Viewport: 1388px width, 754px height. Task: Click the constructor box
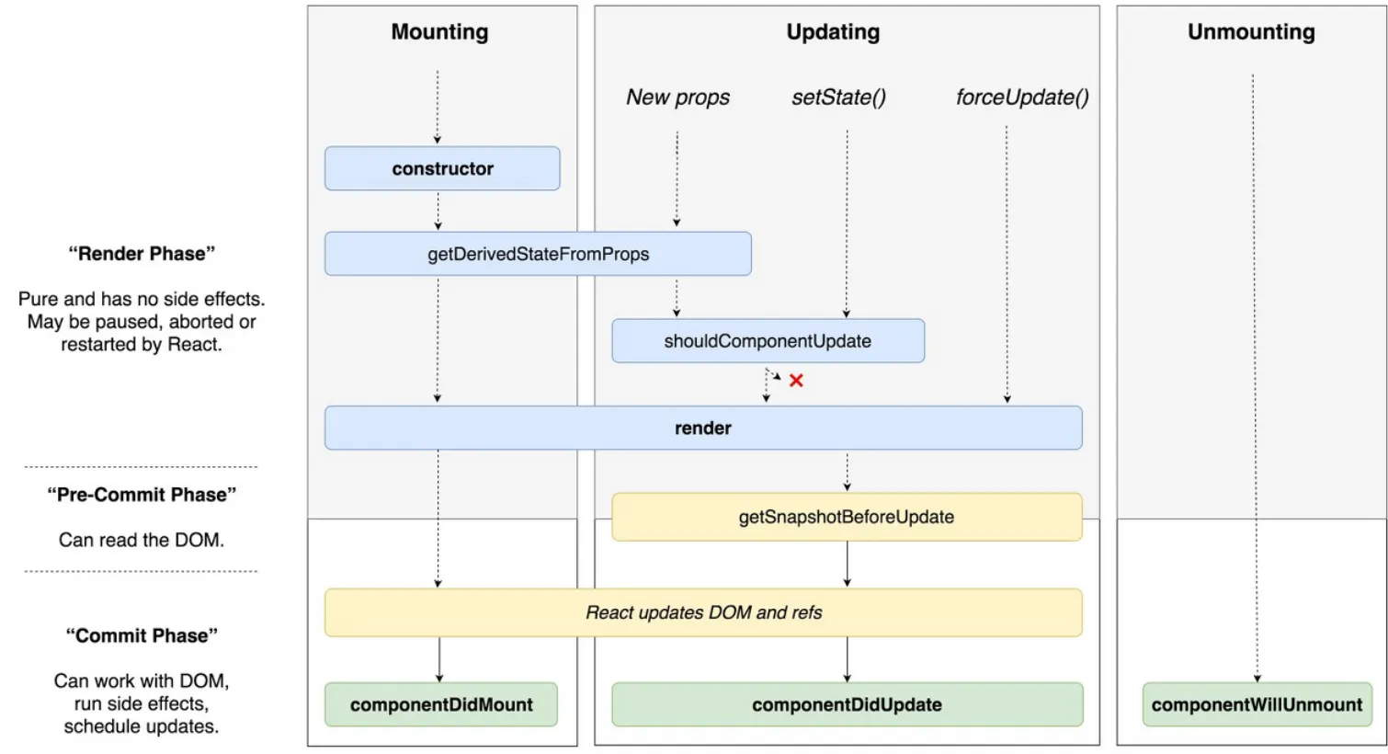[442, 168]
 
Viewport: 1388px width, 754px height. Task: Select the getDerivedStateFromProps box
[538, 254]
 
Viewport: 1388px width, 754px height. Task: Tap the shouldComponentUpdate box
[768, 341]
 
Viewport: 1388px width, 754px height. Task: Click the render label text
[703, 428]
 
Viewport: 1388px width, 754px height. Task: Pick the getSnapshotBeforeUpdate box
[847, 517]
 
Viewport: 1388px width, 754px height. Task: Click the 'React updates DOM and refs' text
[704, 612]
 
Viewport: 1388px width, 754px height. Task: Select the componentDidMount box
[441, 705]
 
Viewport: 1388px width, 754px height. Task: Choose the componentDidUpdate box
[847, 705]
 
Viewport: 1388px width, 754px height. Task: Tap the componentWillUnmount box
[1257, 705]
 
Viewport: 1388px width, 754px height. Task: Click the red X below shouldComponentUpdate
[796, 381]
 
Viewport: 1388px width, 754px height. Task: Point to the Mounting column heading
[439, 32]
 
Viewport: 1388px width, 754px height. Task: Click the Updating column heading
[833, 32]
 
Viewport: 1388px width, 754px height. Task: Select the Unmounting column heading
[1251, 32]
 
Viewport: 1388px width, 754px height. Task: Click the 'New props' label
[678, 97]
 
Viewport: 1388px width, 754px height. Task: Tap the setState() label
[838, 97]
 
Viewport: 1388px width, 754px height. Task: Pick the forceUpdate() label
[1022, 97]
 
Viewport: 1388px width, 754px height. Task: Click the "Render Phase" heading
[142, 254]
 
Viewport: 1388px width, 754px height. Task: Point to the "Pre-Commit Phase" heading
[142, 495]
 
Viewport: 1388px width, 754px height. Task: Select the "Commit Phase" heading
[142, 635]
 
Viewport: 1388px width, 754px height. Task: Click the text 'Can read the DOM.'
[142, 540]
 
